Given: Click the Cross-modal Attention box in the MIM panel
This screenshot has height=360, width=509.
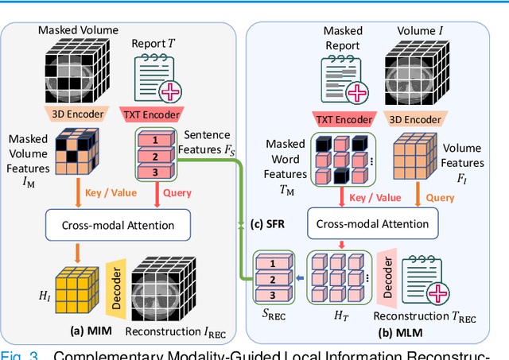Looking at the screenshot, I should pyautogui.click(x=119, y=225).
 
